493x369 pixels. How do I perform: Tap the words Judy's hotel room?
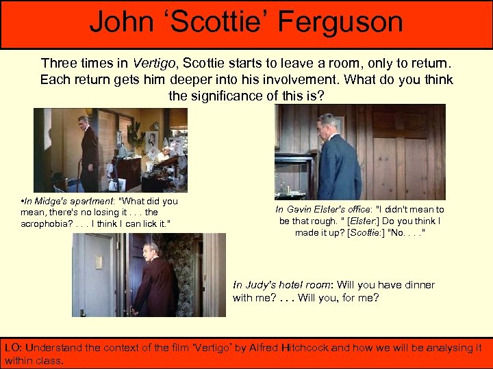click(283, 285)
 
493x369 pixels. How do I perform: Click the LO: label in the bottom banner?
click(12, 348)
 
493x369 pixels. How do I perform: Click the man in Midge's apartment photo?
click(89, 157)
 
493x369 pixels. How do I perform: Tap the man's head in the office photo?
click(327, 126)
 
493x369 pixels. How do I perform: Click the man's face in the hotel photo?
click(152, 250)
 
